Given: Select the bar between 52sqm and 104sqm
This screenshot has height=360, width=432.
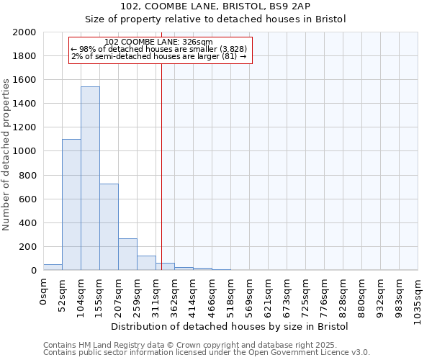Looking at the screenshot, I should point(71,204).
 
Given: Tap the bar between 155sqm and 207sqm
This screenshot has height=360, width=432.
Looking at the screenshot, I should point(109,227).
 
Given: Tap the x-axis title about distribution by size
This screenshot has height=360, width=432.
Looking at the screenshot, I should point(230,326).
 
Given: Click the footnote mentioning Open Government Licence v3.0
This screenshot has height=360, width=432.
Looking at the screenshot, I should point(207,353).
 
